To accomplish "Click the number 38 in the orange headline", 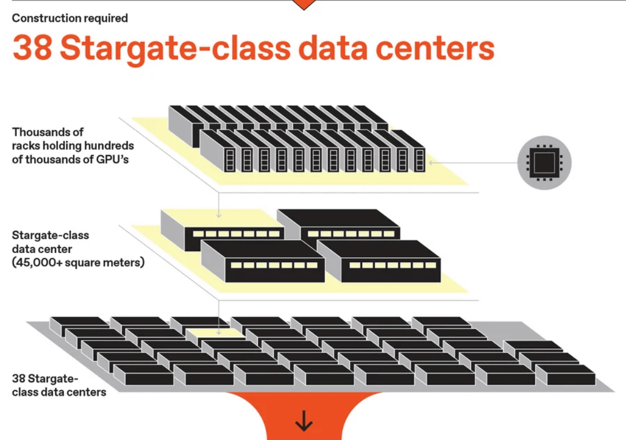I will (x=32, y=49).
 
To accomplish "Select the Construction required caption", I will (x=70, y=18).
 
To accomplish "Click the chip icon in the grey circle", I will (x=544, y=162).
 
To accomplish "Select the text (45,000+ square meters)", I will (x=78, y=262).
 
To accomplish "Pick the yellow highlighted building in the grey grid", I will (x=214, y=334).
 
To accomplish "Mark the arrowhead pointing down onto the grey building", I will (x=219, y=216).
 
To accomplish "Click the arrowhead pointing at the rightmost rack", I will (x=431, y=162).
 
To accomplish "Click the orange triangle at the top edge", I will (x=304, y=4).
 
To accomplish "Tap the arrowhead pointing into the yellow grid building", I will (x=219, y=333).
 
